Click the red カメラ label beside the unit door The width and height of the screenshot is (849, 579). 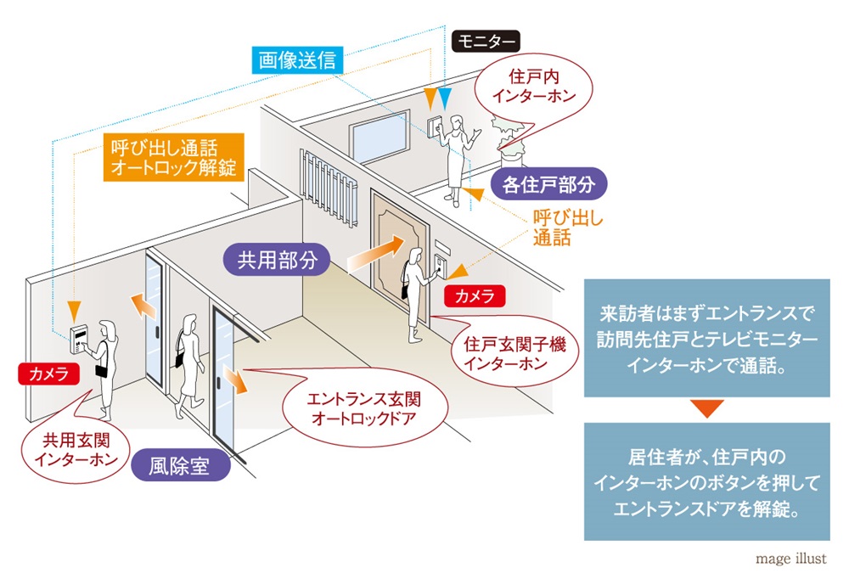pyautogui.click(x=475, y=295)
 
